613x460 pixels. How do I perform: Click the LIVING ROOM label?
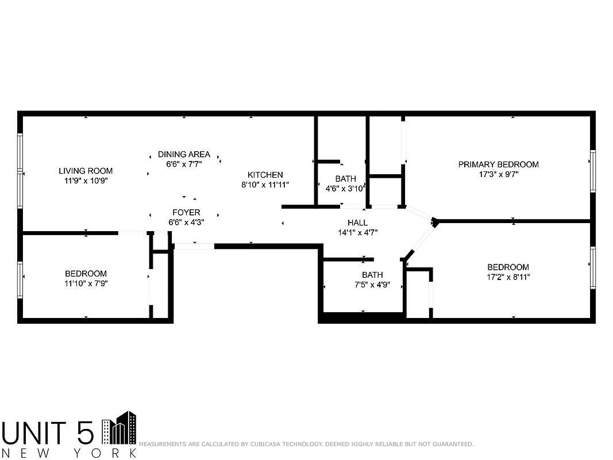point(86,171)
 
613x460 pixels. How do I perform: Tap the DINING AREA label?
point(184,154)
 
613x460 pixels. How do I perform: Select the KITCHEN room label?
point(265,175)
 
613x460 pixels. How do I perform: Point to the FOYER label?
point(186,212)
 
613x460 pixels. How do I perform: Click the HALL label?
point(357,223)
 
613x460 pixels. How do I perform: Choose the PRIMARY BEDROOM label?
point(498,164)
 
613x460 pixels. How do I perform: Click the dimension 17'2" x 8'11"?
point(508,277)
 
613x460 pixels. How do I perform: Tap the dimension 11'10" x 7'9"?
point(86,283)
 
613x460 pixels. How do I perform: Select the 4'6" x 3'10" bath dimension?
point(346,188)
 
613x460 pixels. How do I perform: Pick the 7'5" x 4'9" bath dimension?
point(372,284)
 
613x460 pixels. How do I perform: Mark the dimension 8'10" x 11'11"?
point(265,185)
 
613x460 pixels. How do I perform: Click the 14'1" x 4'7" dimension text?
point(357,232)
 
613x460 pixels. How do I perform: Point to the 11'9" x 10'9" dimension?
point(86,180)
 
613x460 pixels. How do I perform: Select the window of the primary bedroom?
point(592,171)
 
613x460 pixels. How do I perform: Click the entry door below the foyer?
point(194,246)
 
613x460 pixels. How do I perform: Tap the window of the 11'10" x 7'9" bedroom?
point(20,280)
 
